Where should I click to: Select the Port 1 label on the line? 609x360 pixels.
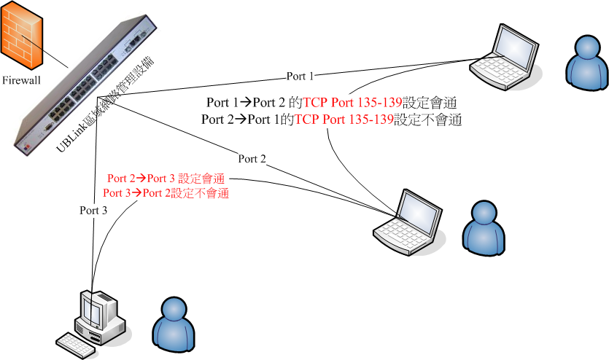300,76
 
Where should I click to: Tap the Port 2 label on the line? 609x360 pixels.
252,158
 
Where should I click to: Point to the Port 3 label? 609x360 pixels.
93,210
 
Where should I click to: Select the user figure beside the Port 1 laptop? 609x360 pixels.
587,61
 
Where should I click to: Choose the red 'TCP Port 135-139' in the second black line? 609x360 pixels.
343,119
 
